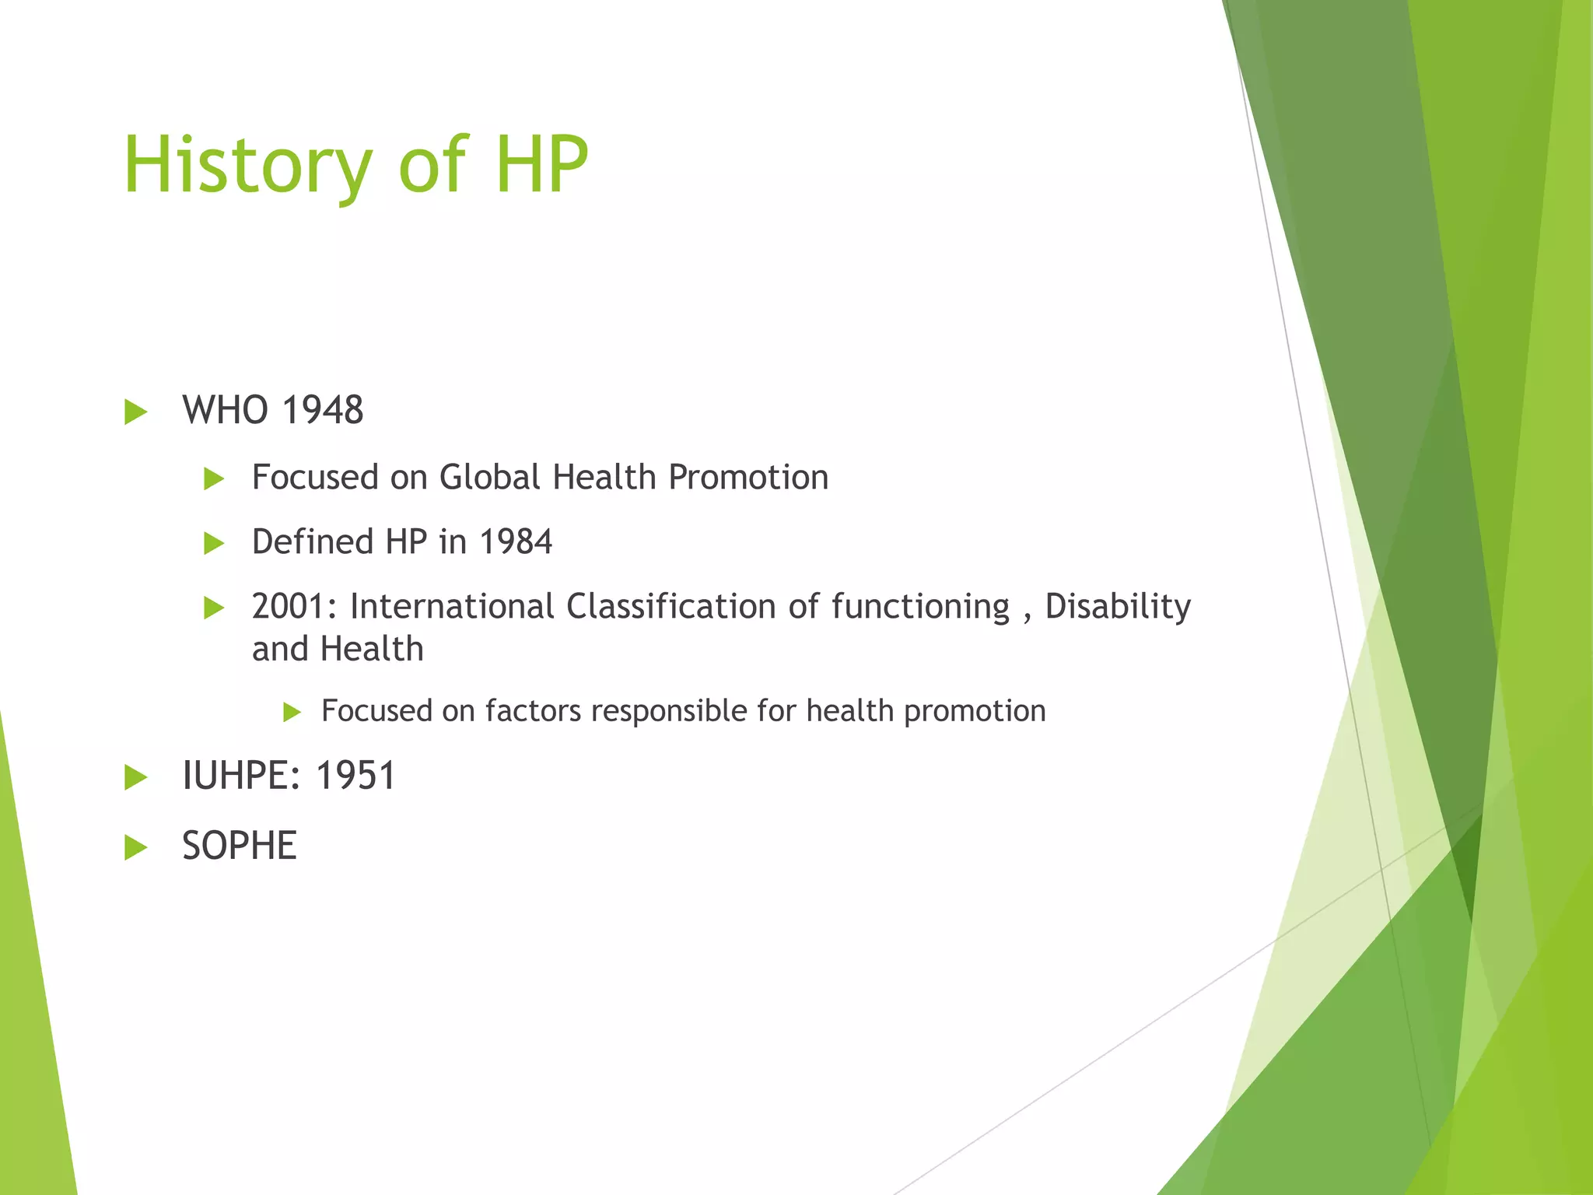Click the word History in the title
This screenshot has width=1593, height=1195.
247,165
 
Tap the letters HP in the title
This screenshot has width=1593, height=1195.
541,165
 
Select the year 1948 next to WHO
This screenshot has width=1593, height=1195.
322,410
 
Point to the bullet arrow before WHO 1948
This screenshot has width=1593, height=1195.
135,412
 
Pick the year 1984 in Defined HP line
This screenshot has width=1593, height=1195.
516,541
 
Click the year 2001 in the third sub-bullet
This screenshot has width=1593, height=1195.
292,606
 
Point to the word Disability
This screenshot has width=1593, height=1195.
1117,606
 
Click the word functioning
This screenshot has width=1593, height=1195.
920,606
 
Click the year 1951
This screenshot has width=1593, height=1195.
355,776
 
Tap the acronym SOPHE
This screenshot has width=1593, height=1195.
240,846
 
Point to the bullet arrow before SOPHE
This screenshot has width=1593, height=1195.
135,847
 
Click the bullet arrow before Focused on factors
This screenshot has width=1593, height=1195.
292,712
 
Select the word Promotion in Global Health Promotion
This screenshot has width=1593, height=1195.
748,477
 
